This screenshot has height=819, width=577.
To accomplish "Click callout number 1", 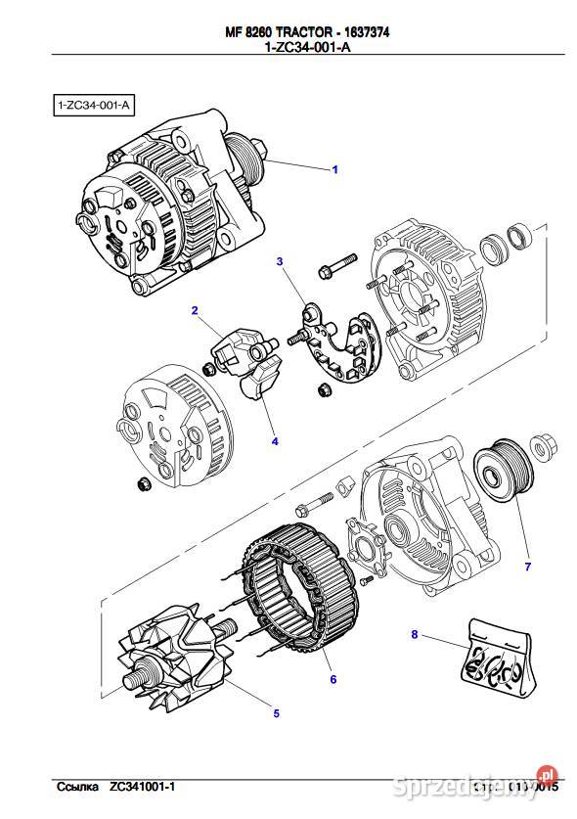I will tap(334, 170).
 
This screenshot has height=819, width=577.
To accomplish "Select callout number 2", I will tap(195, 311).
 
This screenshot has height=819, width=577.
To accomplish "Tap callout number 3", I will tap(279, 261).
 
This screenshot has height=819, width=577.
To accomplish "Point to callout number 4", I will tap(275, 441).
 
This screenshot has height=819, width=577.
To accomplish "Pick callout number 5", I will tap(276, 713).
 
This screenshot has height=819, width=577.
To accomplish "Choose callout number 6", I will tap(333, 679).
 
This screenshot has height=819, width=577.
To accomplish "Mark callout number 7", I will tap(527, 567).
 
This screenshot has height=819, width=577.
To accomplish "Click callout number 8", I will tap(414, 635).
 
